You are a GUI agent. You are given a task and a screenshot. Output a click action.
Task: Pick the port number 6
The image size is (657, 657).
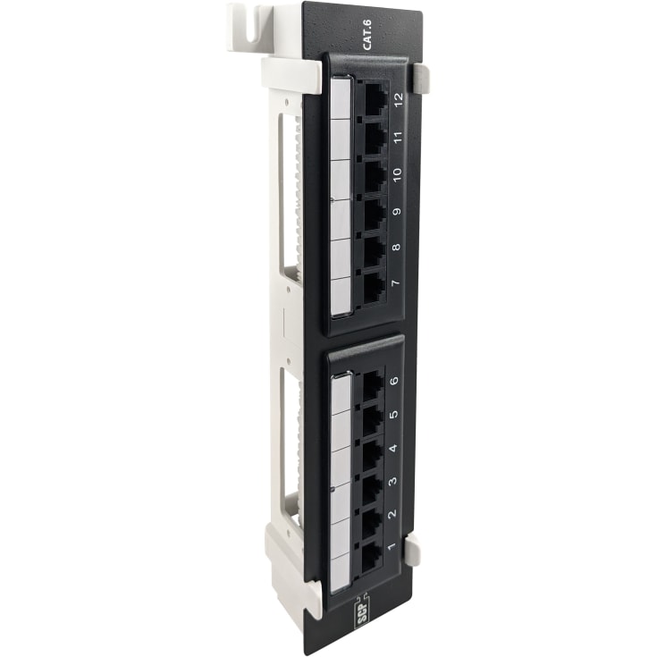(x=395, y=379)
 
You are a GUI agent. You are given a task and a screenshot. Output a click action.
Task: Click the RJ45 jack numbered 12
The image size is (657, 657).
(x=374, y=99)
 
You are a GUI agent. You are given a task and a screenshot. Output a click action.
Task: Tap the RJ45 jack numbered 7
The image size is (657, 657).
(x=374, y=286)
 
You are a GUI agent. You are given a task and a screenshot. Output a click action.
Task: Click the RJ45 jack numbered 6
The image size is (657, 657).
(x=372, y=385)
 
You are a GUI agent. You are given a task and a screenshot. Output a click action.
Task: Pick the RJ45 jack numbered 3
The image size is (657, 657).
(x=371, y=487)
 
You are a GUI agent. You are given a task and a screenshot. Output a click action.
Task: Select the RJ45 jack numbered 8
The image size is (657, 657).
(x=374, y=249)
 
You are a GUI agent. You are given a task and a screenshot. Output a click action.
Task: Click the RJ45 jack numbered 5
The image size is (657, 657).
(x=372, y=419)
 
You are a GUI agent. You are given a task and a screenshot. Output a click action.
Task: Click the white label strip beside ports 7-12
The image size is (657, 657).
(x=341, y=198)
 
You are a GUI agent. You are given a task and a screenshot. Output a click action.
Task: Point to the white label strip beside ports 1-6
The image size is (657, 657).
(x=341, y=483)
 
